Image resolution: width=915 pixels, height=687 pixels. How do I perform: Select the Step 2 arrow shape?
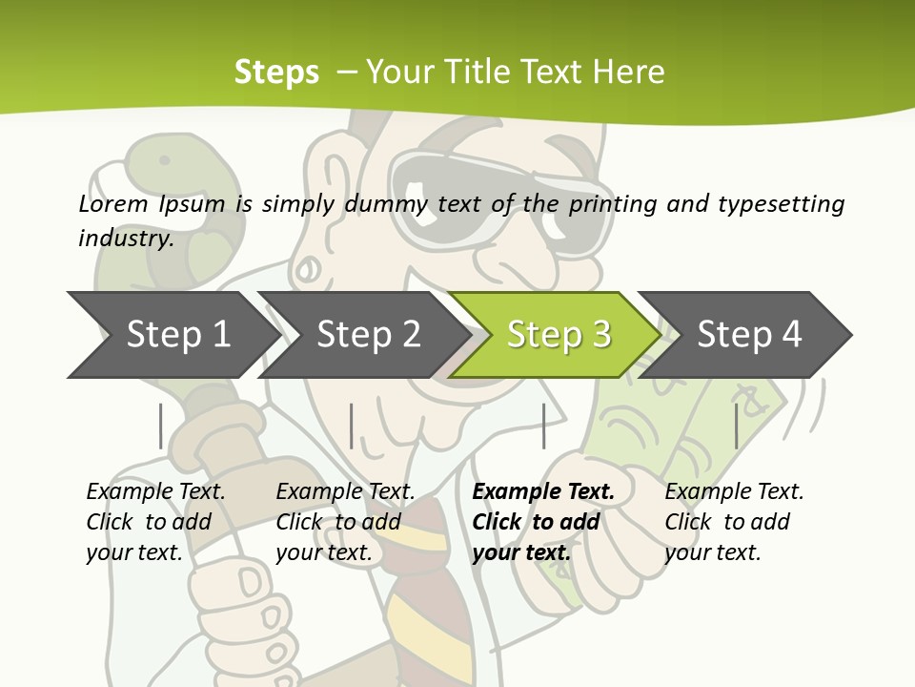[367, 335]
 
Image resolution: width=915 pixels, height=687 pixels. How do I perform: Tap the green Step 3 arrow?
[558, 335]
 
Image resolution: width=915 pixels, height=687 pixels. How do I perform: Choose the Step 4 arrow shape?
[748, 335]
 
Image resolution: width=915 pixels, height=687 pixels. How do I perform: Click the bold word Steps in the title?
[276, 72]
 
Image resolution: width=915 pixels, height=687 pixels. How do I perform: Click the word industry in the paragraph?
[125, 238]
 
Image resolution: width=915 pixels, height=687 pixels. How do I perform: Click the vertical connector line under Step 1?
[161, 426]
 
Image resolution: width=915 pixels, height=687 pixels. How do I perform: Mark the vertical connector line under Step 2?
[352, 426]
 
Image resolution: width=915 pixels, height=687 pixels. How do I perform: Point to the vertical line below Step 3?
[543, 426]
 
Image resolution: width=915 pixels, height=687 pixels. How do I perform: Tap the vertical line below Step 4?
[736, 426]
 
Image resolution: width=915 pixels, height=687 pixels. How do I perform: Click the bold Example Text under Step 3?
[543, 492]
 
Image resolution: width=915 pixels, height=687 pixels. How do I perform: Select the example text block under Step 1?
[155, 522]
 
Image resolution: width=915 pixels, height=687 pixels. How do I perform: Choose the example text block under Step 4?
[734, 522]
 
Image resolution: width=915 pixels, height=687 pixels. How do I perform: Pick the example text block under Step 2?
[345, 522]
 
